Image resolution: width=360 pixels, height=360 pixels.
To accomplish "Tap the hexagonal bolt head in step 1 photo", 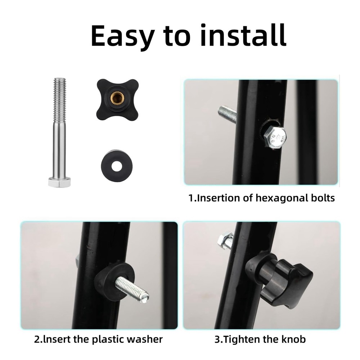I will click(275, 137).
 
